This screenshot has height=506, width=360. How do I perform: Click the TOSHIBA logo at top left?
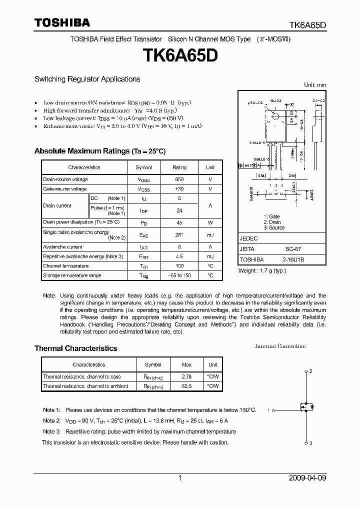62,22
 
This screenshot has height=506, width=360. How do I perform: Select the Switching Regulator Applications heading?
87,79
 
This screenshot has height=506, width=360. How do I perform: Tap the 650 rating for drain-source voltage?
179,179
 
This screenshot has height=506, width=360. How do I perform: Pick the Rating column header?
179,167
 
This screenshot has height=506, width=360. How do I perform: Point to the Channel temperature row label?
66,266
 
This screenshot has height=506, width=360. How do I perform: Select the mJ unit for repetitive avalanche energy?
210,256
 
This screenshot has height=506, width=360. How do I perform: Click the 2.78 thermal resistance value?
186,376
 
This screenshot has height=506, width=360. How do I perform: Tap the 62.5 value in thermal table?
186,386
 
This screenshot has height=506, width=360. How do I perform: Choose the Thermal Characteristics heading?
75,348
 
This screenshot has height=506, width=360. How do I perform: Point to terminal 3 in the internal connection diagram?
310,443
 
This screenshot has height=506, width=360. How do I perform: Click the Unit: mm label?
315,85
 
